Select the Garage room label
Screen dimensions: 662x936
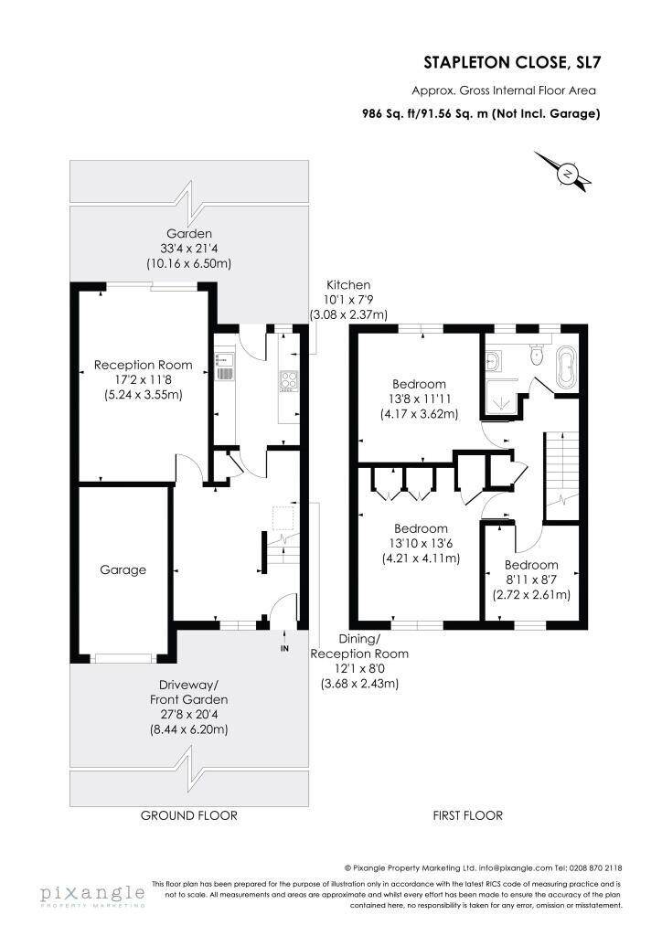coord(123,570)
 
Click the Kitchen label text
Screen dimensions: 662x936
coord(348,285)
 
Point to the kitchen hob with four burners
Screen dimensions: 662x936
coord(288,379)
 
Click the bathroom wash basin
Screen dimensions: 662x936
coord(493,360)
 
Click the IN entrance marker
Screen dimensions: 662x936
coord(284,648)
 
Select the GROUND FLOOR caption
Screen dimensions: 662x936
coord(188,815)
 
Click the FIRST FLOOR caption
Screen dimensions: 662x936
coord(468,815)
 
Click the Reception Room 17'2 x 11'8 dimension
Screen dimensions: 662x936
coord(144,379)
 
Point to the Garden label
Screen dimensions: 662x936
coord(188,234)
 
